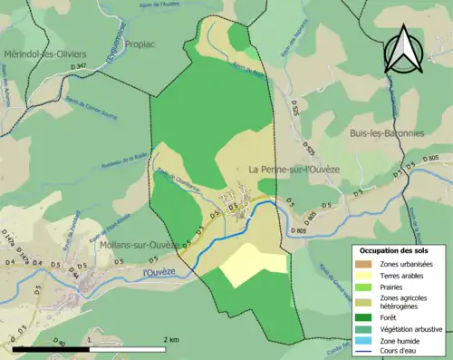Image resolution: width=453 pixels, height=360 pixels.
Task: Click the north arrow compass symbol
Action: (x=404, y=49)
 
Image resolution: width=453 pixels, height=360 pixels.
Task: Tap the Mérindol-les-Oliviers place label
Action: (x=43, y=54)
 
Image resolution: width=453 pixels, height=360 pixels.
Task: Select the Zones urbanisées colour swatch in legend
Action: (x=367, y=263)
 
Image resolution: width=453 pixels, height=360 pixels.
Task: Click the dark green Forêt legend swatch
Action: (x=367, y=317)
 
